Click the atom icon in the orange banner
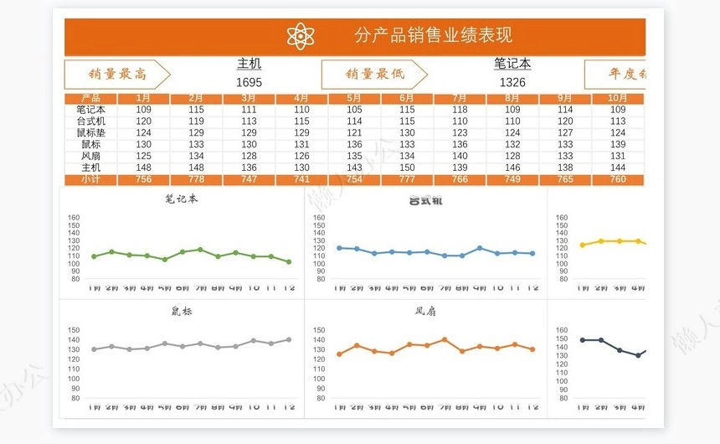(x=300, y=36)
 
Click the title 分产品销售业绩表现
(x=433, y=35)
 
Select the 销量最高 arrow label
(x=116, y=75)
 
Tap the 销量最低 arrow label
(x=374, y=75)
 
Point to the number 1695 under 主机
(x=249, y=82)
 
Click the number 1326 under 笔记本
(x=512, y=82)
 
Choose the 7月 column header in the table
(x=460, y=99)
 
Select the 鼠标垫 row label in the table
(x=90, y=132)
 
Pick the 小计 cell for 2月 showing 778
(x=196, y=179)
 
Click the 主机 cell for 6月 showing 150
(x=407, y=168)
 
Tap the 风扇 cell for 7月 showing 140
(x=460, y=156)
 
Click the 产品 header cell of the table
(x=90, y=99)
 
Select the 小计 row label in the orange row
(x=90, y=179)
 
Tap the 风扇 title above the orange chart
(x=425, y=312)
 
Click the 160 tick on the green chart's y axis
(x=73, y=218)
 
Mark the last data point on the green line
(x=289, y=262)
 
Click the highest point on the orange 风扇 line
(x=445, y=340)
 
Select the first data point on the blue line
(x=339, y=248)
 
